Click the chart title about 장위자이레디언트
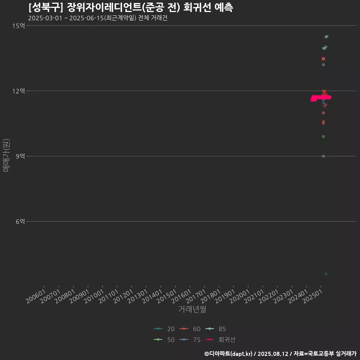click(x=131, y=7)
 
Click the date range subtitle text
click(x=97, y=18)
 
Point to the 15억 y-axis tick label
click(x=18, y=25)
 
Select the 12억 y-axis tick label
click(x=18, y=91)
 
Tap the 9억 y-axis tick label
click(x=20, y=156)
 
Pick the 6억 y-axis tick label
click(x=20, y=222)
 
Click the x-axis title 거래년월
click(x=192, y=309)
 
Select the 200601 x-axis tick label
click(x=36, y=295)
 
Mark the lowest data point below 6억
click(x=325, y=274)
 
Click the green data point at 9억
click(x=323, y=156)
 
